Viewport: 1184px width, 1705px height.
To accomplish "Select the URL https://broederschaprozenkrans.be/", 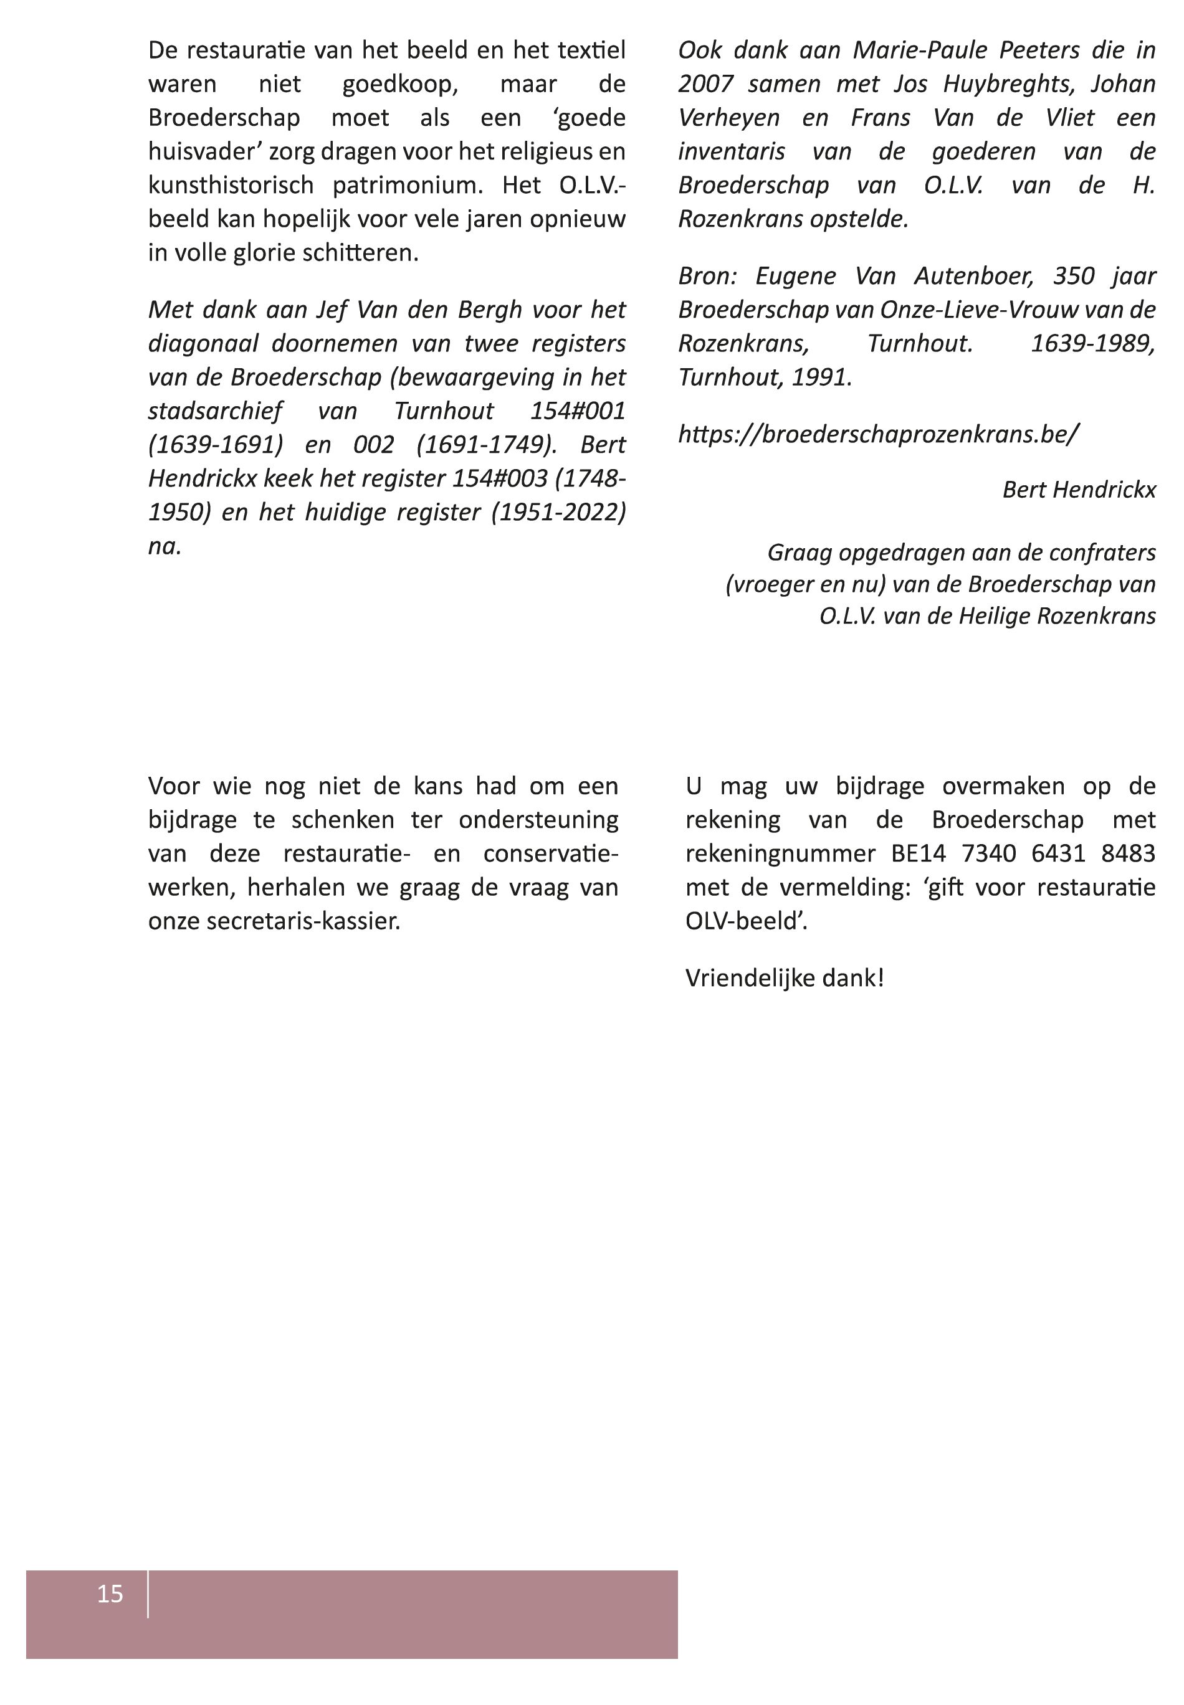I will (879, 434).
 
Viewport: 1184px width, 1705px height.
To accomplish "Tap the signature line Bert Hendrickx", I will (1079, 490).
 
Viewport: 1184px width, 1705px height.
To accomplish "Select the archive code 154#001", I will (577, 411).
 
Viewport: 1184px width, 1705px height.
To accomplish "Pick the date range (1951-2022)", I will (558, 513).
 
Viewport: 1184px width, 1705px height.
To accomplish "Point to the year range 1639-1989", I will (1092, 344).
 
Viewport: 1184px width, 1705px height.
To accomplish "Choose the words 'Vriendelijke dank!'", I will (784, 978).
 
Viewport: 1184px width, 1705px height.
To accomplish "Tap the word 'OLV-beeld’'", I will (745, 921).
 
